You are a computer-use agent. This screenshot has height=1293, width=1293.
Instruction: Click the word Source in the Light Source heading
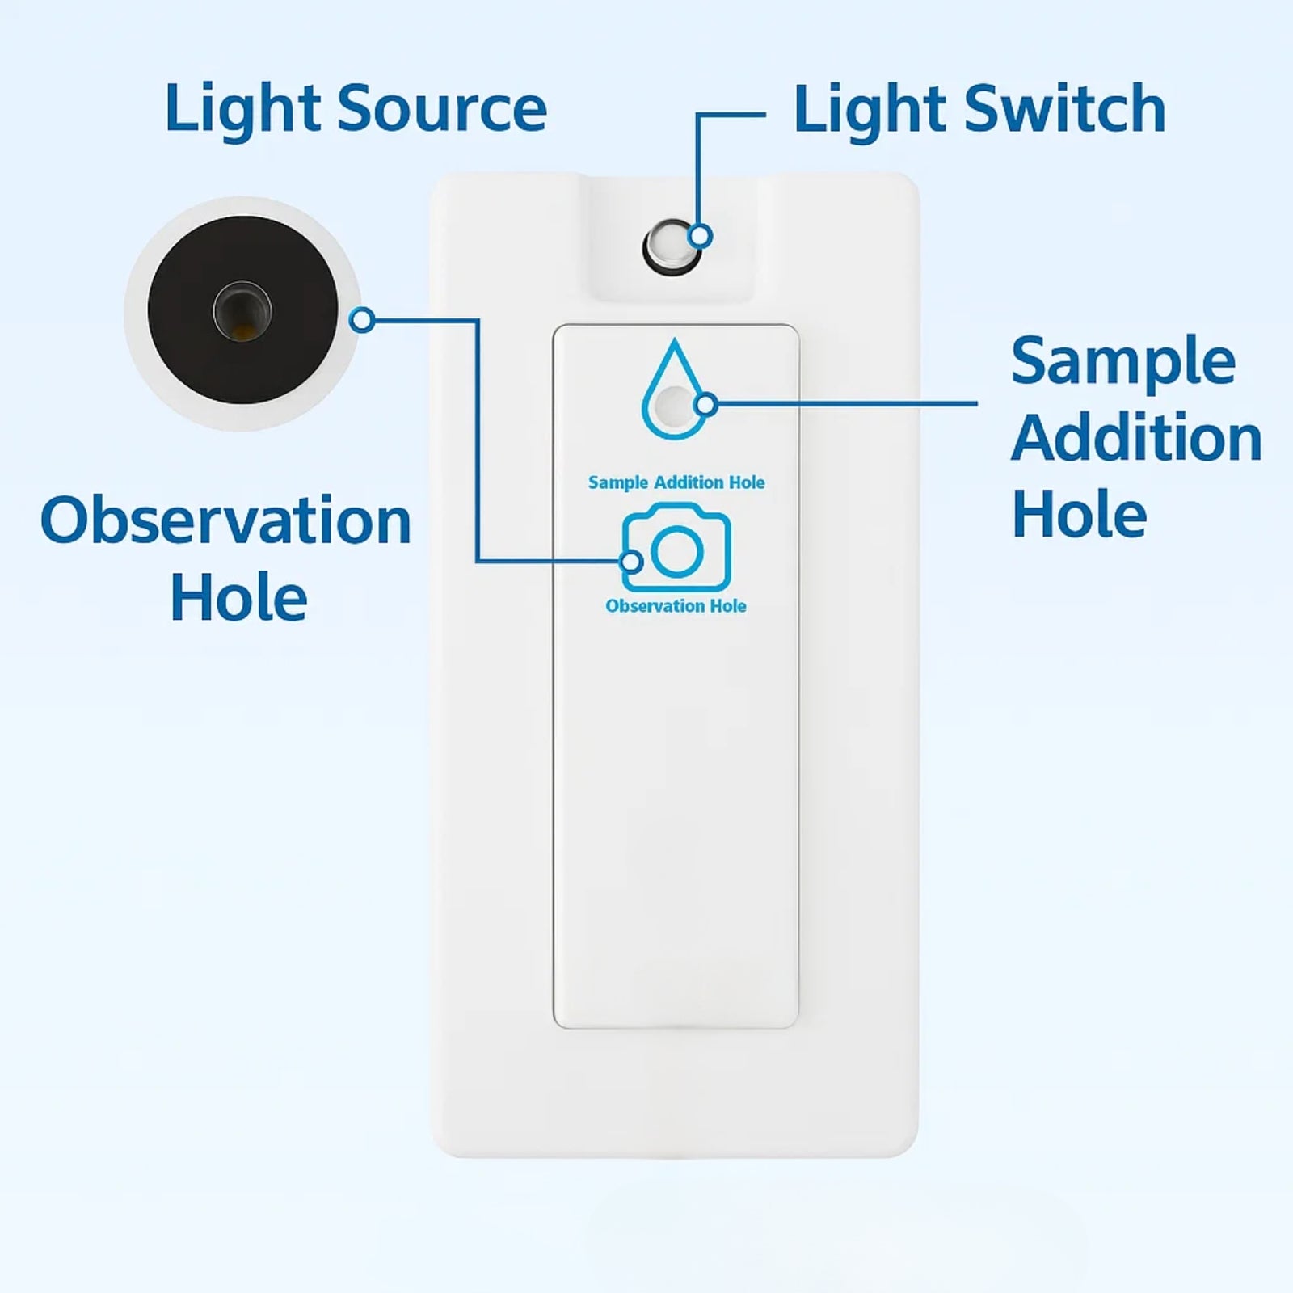tap(442, 109)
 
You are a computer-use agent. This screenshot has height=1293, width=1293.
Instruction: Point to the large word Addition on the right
tap(1135, 438)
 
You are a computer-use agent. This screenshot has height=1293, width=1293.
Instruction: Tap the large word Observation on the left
tap(225, 521)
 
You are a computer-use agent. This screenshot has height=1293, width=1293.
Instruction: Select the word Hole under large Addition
tap(1079, 515)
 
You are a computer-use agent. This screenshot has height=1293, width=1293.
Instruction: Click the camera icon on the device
tap(677, 549)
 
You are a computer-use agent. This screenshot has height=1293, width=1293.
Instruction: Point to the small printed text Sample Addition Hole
tap(676, 483)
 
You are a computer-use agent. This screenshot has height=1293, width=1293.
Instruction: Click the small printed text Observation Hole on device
tap(676, 606)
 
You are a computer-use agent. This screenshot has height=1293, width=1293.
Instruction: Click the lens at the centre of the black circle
tap(242, 311)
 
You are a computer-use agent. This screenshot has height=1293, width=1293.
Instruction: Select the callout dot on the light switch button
tap(701, 236)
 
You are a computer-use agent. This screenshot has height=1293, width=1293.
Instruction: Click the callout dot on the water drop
tap(705, 404)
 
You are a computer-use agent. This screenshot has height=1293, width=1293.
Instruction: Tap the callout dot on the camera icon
tap(632, 561)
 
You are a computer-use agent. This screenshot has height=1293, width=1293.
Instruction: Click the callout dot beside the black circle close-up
tap(363, 320)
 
